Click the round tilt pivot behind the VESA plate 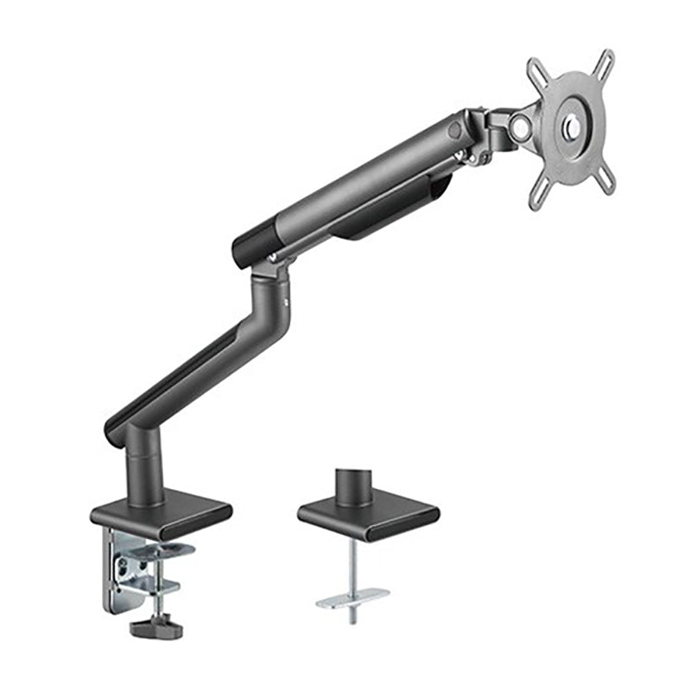[520, 125]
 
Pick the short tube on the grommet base [353, 485]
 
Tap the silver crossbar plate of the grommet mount [352, 597]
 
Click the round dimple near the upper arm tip [454, 130]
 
